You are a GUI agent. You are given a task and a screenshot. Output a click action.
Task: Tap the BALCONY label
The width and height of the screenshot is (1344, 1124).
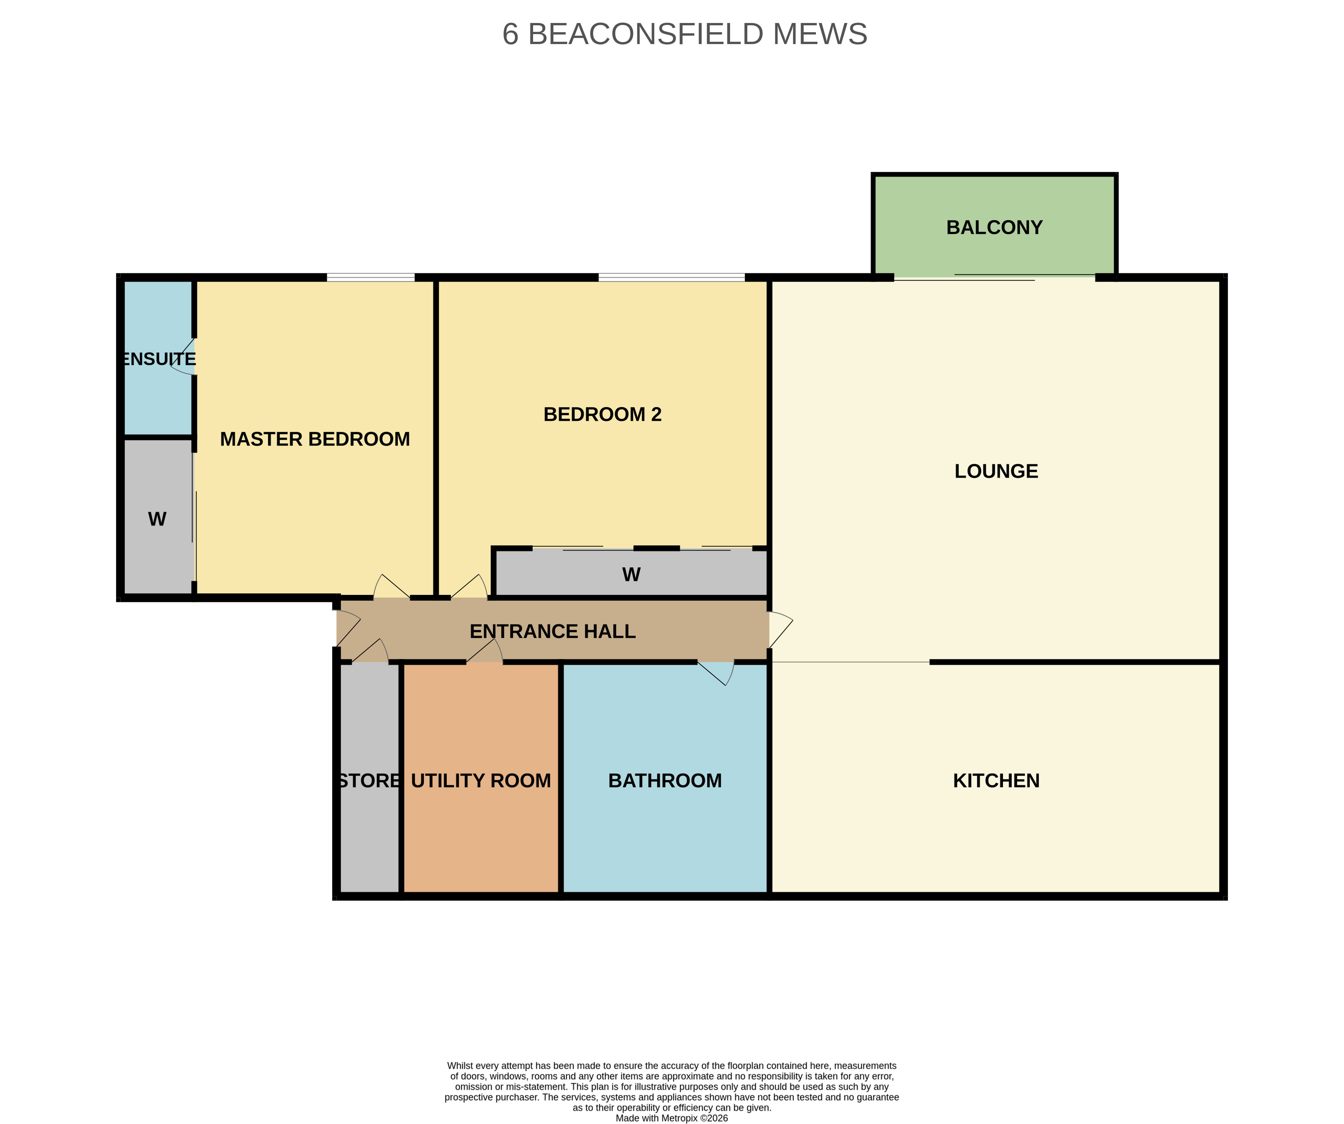point(994,227)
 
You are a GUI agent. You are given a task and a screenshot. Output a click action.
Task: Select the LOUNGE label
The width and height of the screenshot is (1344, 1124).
point(996,471)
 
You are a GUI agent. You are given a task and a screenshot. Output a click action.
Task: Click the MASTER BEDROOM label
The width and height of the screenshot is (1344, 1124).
point(315,439)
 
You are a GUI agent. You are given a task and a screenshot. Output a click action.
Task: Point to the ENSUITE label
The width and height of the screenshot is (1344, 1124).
point(159,359)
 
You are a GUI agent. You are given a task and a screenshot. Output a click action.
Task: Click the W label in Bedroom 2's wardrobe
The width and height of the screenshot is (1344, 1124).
point(631,574)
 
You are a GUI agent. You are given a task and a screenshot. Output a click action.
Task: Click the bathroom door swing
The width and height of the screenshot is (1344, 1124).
point(717,674)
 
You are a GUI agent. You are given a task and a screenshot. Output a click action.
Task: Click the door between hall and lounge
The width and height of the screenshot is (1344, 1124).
point(781,630)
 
